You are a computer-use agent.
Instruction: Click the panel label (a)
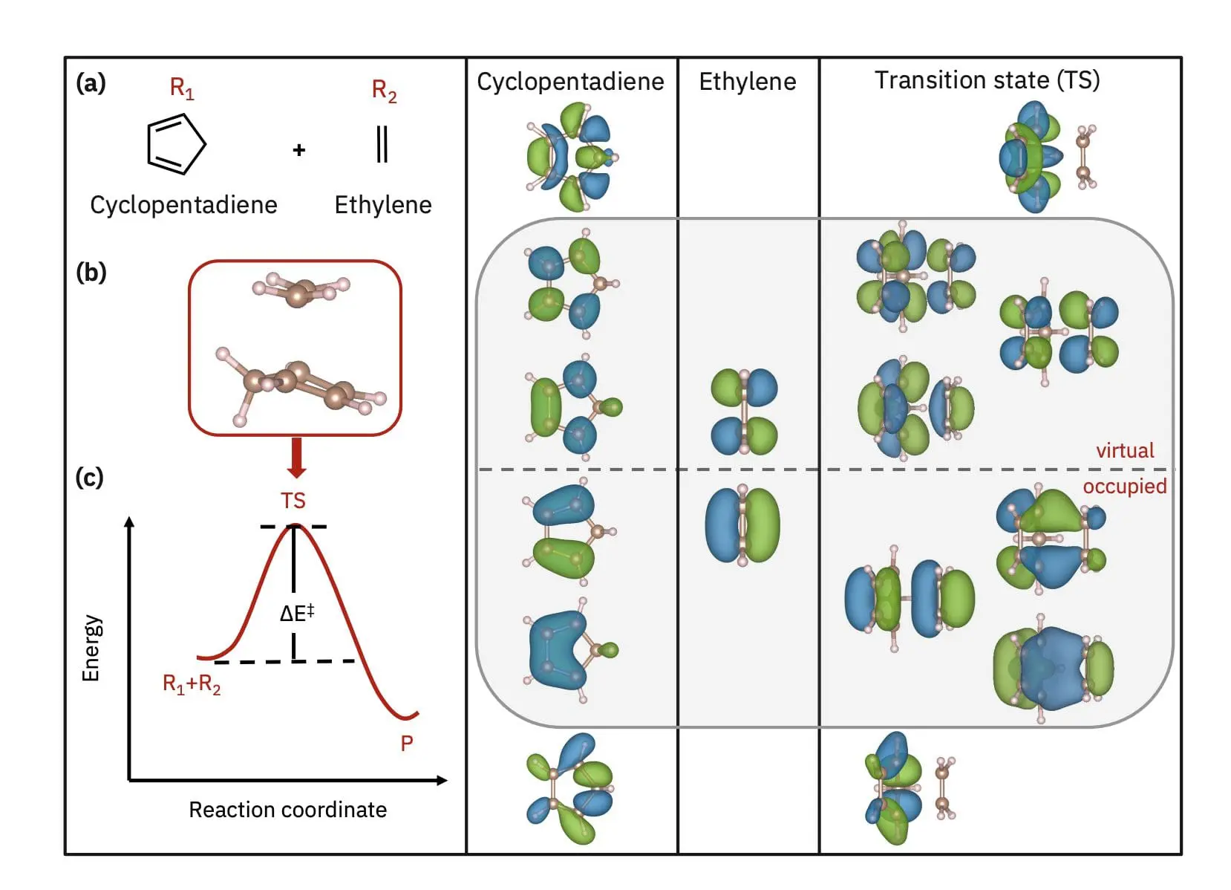[x=91, y=83]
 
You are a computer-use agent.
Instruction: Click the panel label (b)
[x=91, y=273]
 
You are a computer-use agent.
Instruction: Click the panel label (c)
[x=90, y=477]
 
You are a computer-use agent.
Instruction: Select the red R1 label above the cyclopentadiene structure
[x=182, y=88]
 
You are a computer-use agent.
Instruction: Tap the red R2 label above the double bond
[x=384, y=91]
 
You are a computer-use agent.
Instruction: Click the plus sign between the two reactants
[x=299, y=150]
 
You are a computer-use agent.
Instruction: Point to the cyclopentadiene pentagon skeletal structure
[x=176, y=144]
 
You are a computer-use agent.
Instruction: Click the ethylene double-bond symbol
[x=382, y=144]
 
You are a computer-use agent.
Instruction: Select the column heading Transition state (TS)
[x=987, y=80]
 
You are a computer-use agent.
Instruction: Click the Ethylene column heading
[x=747, y=81]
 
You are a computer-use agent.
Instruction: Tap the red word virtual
[x=1125, y=450]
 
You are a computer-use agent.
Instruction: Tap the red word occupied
[x=1124, y=486]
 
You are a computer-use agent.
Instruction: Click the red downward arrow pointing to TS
[x=296, y=457]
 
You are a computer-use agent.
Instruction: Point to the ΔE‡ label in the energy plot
[x=297, y=613]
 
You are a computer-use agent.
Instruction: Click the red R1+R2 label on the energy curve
[x=192, y=683]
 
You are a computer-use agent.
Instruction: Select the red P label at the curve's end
[x=407, y=743]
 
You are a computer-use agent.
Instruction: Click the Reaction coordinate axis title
[x=287, y=809]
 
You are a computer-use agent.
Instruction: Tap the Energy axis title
[x=91, y=647]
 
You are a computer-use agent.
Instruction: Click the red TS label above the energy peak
[x=293, y=501]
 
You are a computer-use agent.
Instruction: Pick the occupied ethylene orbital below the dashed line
[x=742, y=525]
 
